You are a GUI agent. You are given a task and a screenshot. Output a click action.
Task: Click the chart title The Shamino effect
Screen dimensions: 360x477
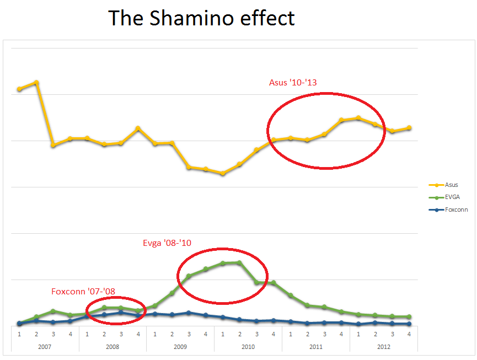202,18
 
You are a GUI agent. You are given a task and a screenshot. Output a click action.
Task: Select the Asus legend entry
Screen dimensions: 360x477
451,185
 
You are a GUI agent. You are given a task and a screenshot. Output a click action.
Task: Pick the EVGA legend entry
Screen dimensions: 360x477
452,197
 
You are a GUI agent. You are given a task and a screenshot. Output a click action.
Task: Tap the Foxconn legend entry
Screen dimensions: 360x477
456,209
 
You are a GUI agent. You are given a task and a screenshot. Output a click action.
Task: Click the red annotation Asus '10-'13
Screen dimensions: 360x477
293,83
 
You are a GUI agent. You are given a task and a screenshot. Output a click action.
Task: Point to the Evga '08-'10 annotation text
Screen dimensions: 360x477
167,243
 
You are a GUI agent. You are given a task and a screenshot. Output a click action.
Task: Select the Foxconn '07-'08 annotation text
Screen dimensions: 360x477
83,292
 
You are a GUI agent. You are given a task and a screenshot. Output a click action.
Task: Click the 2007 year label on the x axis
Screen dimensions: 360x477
45,347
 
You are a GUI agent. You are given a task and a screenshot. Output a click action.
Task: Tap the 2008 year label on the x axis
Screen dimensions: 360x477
112,347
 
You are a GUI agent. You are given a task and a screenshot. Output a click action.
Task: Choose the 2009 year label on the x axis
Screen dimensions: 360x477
180,347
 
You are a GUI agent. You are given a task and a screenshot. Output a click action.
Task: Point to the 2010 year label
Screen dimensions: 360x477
248,347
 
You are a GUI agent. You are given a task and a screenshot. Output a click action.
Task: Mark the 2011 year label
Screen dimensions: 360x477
316,347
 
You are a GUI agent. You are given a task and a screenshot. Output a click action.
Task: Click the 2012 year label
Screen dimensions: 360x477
384,347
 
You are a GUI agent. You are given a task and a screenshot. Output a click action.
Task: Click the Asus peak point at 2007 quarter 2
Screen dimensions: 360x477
36,82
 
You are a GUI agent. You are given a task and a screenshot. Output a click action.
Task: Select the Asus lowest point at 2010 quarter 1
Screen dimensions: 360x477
223,173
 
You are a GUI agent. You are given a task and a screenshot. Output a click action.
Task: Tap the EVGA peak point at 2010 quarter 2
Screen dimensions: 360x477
239,262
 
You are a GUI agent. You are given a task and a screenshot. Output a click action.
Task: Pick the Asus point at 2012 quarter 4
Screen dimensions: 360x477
409,128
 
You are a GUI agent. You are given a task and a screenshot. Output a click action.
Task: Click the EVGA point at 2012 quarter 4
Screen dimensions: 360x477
409,316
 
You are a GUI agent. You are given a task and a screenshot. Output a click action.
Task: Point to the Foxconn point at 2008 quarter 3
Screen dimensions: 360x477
121,312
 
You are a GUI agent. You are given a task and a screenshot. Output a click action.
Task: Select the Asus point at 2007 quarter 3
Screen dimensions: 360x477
53,145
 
